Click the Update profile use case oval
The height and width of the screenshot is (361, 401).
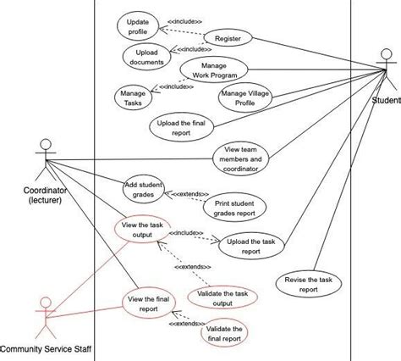[136, 26]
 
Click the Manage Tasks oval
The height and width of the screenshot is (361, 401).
[133, 96]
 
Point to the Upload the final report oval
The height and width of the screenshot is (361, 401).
[181, 127]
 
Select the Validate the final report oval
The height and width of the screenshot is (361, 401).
[225, 334]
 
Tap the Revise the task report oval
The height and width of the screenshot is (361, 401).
[309, 284]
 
